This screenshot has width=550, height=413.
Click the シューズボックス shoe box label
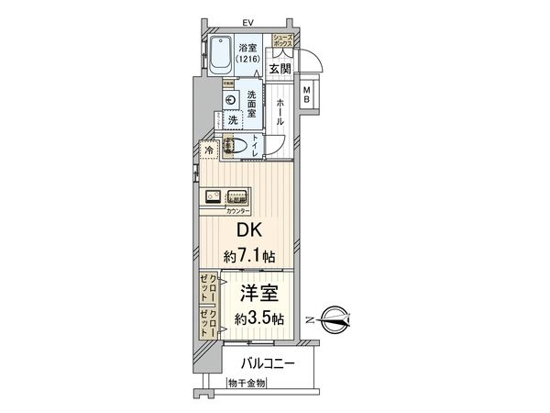point(280,39)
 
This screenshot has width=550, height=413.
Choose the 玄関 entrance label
point(280,67)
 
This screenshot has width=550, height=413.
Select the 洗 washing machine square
point(233,120)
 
